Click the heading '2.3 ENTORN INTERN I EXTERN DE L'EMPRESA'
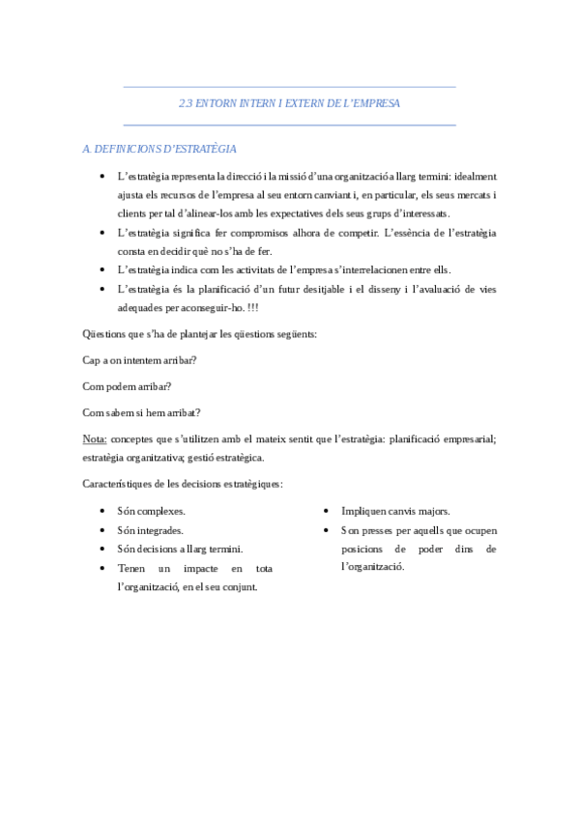click(289, 102)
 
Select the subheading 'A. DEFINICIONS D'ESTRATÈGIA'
click(159, 149)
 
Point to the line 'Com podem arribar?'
click(128, 386)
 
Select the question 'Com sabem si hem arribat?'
click(142, 412)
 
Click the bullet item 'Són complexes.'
click(151, 511)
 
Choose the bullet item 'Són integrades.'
click(150, 530)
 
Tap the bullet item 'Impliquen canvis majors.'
click(395, 511)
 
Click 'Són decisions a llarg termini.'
click(180, 549)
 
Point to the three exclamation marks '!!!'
click(251, 307)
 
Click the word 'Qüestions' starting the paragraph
click(107, 334)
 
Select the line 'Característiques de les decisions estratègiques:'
click(184, 483)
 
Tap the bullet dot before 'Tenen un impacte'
click(103, 568)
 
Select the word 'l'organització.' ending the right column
click(374, 567)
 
